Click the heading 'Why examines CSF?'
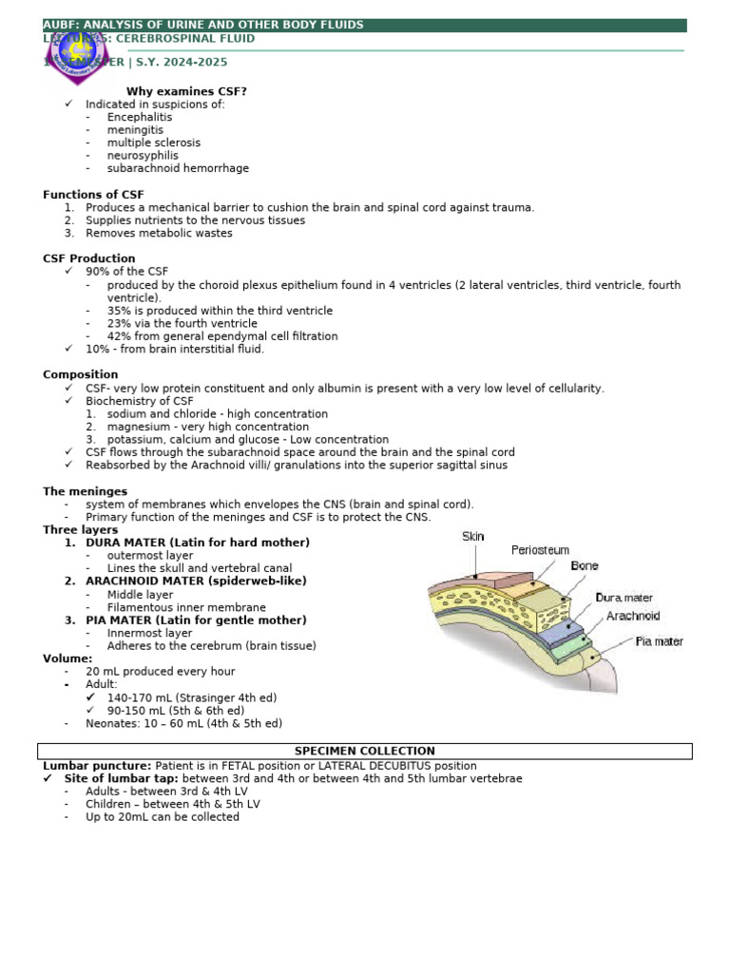click(186, 91)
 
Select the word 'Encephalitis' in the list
click(140, 117)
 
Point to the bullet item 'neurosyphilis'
click(143, 156)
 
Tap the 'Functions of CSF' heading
click(93, 195)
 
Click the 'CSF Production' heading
click(89, 258)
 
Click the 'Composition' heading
click(81, 375)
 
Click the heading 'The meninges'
click(85, 491)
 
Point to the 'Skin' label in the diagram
click(473, 537)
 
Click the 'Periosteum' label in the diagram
click(541, 550)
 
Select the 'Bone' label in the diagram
click(585, 566)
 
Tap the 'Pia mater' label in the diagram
click(659, 642)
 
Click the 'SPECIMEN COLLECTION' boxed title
click(365, 752)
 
